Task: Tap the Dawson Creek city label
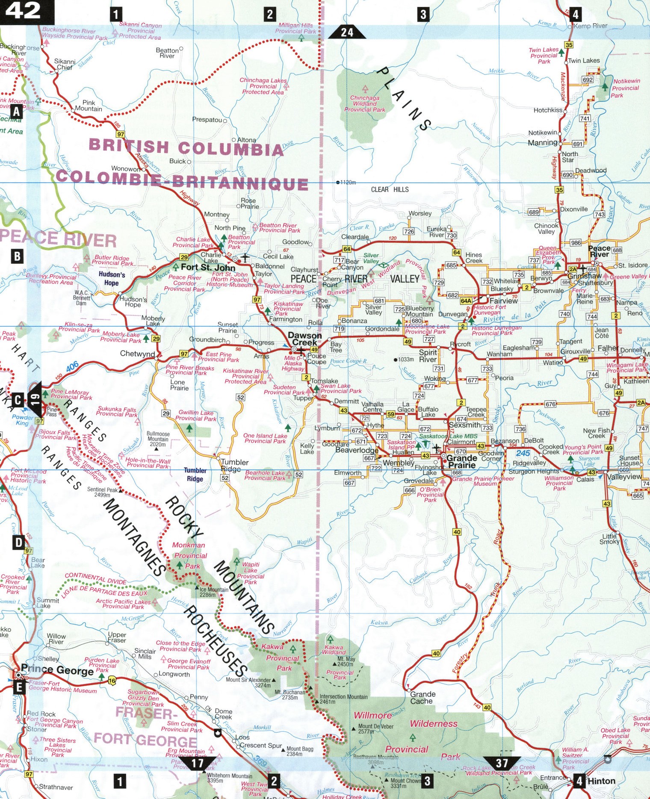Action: pos(304,339)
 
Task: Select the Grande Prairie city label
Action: pos(461,462)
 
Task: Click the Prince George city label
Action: pos(57,669)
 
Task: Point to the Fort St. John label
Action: pos(208,268)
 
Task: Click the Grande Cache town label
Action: pos(422,698)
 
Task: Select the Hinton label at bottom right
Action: pos(601,781)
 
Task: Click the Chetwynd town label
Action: pos(137,354)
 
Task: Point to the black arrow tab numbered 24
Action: pos(347,32)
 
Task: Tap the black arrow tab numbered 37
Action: pos(502,763)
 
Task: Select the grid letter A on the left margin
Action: pos(16,112)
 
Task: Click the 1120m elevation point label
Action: pos(348,183)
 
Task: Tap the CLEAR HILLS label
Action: pos(390,189)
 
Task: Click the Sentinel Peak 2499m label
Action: pos(102,492)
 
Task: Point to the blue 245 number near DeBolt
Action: pos(523,453)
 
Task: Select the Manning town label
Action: pos(543,143)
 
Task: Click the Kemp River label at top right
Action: pos(590,26)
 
